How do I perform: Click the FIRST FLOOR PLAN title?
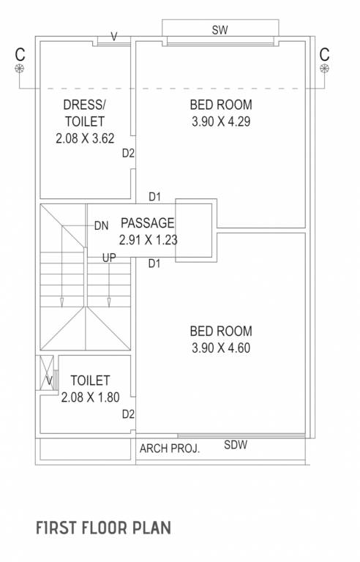click(102, 528)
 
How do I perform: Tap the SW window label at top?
click(220, 30)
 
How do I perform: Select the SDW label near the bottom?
click(235, 444)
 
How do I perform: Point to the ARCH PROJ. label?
click(169, 448)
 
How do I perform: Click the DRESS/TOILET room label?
click(84, 113)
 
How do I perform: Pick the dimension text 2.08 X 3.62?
click(84, 138)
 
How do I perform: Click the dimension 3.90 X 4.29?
click(220, 122)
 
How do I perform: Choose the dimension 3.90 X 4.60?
click(220, 348)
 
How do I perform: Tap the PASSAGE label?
click(147, 223)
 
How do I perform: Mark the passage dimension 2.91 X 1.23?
click(149, 239)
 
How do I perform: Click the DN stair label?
click(101, 225)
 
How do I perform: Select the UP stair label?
click(108, 258)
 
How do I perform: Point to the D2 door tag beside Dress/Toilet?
click(128, 154)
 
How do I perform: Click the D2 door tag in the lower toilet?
click(128, 414)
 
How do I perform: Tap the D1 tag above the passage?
click(154, 196)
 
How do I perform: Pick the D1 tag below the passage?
click(154, 264)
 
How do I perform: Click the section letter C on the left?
click(19, 53)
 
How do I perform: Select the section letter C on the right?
click(324, 53)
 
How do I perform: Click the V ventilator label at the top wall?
click(113, 34)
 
